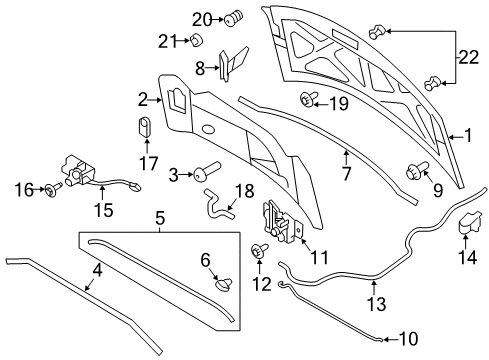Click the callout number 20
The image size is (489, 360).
[x=202, y=20]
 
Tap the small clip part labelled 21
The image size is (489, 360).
[x=197, y=40]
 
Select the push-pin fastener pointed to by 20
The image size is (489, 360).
[x=234, y=18]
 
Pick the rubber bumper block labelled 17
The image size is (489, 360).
[x=144, y=127]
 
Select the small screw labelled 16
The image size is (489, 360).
[x=53, y=189]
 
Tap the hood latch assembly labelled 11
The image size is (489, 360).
[x=282, y=221]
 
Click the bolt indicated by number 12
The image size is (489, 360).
[x=260, y=251]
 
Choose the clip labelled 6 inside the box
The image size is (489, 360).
[x=223, y=283]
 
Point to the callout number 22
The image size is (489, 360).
[x=469, y=57]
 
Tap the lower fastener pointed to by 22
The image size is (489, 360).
[x=433, y=83]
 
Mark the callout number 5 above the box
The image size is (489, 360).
[x=160, y=218]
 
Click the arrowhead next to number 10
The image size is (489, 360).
[x=385, y=340]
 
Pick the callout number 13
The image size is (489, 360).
[x=377, y=304]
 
